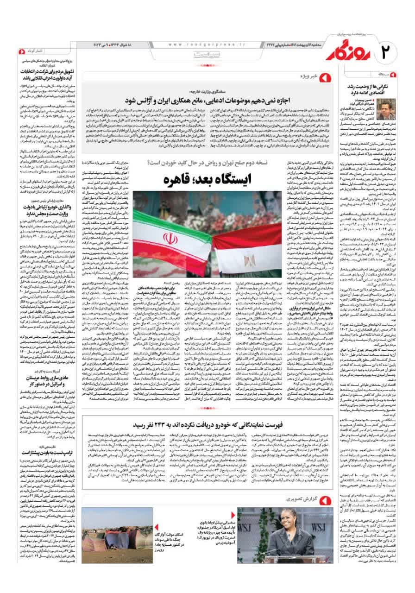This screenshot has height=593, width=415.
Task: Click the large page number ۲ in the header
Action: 392,49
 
